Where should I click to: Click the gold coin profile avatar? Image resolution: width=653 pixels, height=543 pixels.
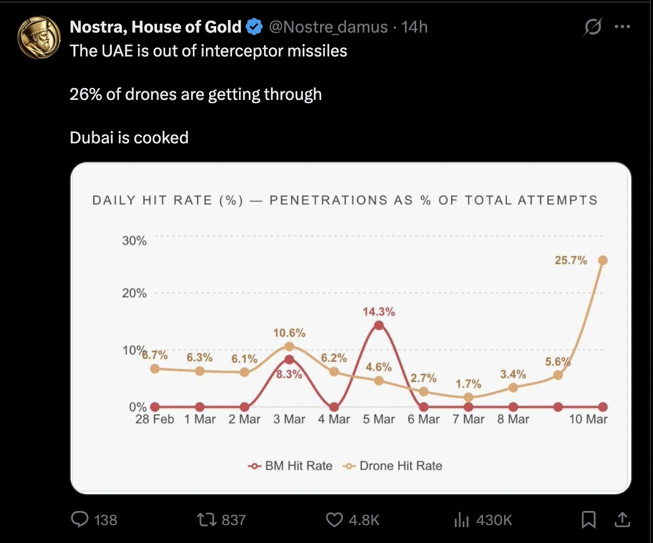[39, 37]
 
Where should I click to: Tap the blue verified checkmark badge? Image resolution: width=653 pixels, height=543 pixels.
[254, 26]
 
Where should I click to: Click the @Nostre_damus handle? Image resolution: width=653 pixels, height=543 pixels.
[328, 26]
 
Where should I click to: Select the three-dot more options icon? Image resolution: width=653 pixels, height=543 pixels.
[622, 26]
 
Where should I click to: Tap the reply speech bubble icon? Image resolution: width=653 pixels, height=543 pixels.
[80, 520]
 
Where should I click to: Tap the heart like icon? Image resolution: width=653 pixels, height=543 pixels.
[334, 520]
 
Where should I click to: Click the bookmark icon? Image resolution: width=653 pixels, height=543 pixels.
[588, 520]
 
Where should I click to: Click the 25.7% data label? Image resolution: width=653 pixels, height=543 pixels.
[570, 261]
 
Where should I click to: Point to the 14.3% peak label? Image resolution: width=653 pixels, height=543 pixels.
[379, 312]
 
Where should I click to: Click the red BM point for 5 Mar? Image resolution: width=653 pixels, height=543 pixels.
[379, 325]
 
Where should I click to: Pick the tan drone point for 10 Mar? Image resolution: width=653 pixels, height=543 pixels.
[602, 260]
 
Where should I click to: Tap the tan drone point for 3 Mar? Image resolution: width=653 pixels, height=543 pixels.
[289, 346]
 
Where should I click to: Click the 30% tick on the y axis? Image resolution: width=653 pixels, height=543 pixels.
[134, 241]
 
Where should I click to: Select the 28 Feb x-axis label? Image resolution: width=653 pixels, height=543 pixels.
[155, 419]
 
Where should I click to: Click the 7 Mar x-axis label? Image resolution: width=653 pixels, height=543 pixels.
[468, 419]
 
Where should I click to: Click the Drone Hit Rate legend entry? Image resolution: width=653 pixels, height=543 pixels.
[393, 465]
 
